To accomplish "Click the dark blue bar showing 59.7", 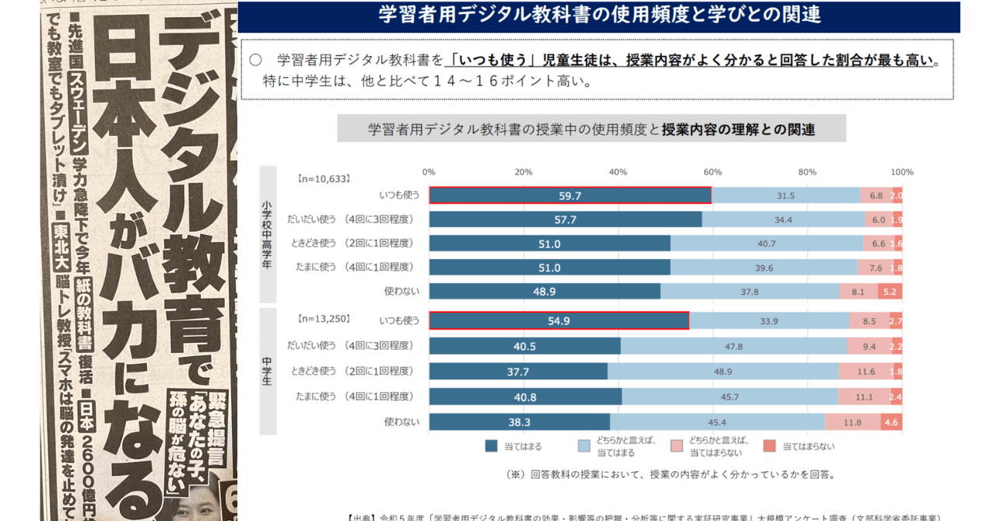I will [x=570, y=196].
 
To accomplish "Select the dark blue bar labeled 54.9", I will [x=559, y=320].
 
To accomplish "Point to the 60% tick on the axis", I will [x=712, y=172].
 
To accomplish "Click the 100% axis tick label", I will [x=902, y=172].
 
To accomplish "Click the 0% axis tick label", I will [x=429, y=172].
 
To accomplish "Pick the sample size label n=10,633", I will [x=324, y=178].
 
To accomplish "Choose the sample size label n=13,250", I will [x=324, y=319].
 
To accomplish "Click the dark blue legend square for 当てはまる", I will [x=491, y=446].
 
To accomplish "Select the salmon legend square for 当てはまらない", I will [x=769, y=446].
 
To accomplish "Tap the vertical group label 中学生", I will [x=268, y=371].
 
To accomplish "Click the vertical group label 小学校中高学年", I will [x=268, y=234].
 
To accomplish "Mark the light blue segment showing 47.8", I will [x=734, y=346].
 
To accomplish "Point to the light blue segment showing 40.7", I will [x=766, y=243].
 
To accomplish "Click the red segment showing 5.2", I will [x=890, y=292].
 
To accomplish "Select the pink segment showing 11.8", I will [x=853, y=422].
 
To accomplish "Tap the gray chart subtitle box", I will [x=591, y=129].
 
